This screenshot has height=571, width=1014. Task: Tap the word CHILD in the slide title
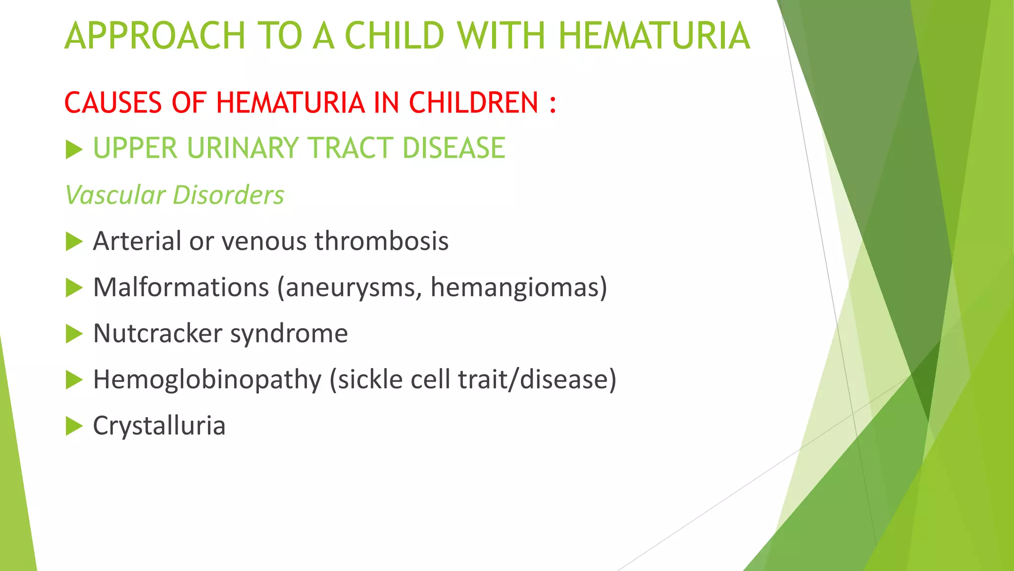pyautogui.click(x=394, y=36)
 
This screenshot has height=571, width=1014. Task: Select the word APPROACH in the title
pyautogui.click(x=155, y=36)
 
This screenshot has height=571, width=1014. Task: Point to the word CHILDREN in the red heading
pyautogui.click(x=473, y=103)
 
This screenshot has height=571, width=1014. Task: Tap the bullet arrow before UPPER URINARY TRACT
pyautogui.click(x=74, y=149)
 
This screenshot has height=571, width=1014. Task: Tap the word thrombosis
pyautogui.click(x=381, y=241)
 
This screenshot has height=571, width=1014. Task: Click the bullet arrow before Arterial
pyautogui.click(x=74, y=242)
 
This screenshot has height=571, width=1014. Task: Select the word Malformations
pyautogui.click(x=181, y=287)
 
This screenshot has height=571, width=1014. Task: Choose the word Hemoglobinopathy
pyautogui.click(x=207, y=380)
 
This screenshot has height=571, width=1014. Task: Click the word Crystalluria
pyautogui.click(x=159, y=426)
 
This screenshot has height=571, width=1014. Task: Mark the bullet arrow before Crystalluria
pyautogui.click(x=74, y=426)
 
